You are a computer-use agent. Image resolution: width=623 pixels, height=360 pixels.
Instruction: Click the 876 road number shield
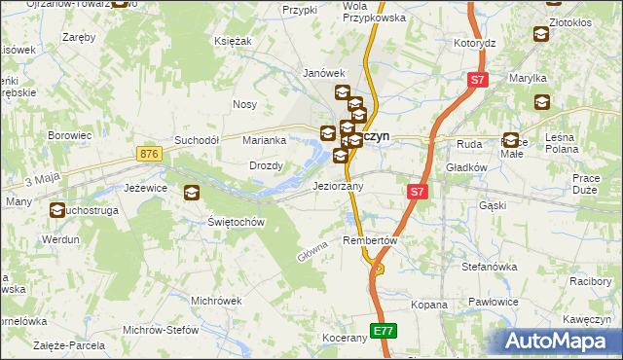[x=148, y=155]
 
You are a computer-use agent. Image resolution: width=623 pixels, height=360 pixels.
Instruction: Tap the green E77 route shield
[x=385, y=331]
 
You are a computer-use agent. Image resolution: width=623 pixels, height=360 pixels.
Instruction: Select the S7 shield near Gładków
[x=417, y=192]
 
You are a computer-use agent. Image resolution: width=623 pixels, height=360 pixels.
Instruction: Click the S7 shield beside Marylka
[x=476, y=81]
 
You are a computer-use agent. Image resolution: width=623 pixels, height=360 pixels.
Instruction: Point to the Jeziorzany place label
[x=338, y=186]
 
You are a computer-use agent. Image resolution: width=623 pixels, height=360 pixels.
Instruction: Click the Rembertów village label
[x=372, y=240]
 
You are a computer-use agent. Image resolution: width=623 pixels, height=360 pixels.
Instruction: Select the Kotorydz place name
[x=475, y=44]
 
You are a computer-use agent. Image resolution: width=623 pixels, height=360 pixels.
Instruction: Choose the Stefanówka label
[x=489, y=265]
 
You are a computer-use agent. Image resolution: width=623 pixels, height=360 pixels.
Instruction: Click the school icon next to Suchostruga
[x=57, y=209]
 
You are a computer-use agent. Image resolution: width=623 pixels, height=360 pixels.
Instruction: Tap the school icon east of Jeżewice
[x=192, y=193]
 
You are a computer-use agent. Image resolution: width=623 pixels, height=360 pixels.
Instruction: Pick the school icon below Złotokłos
[x=540, y=35]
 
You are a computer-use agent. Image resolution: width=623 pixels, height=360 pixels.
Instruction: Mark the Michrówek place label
[x=216, y=301]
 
